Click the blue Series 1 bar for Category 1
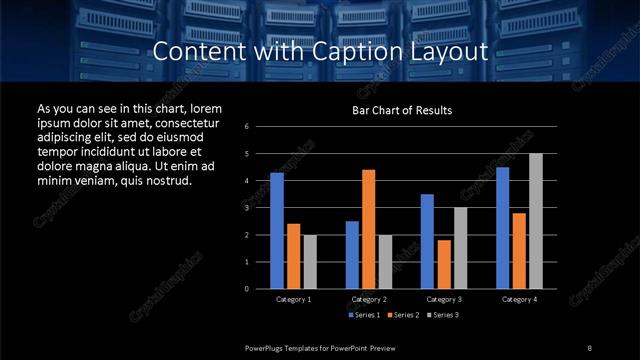[277, 231]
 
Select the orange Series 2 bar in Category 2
[368, 229]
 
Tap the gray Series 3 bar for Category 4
[535, 221]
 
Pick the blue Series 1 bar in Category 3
[427, 241]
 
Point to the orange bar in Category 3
[443, 264]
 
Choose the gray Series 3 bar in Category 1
[310, 262]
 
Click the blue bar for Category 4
[502, 228]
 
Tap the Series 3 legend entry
[443, 316]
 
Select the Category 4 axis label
[518, 299]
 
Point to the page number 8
[590, 346]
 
